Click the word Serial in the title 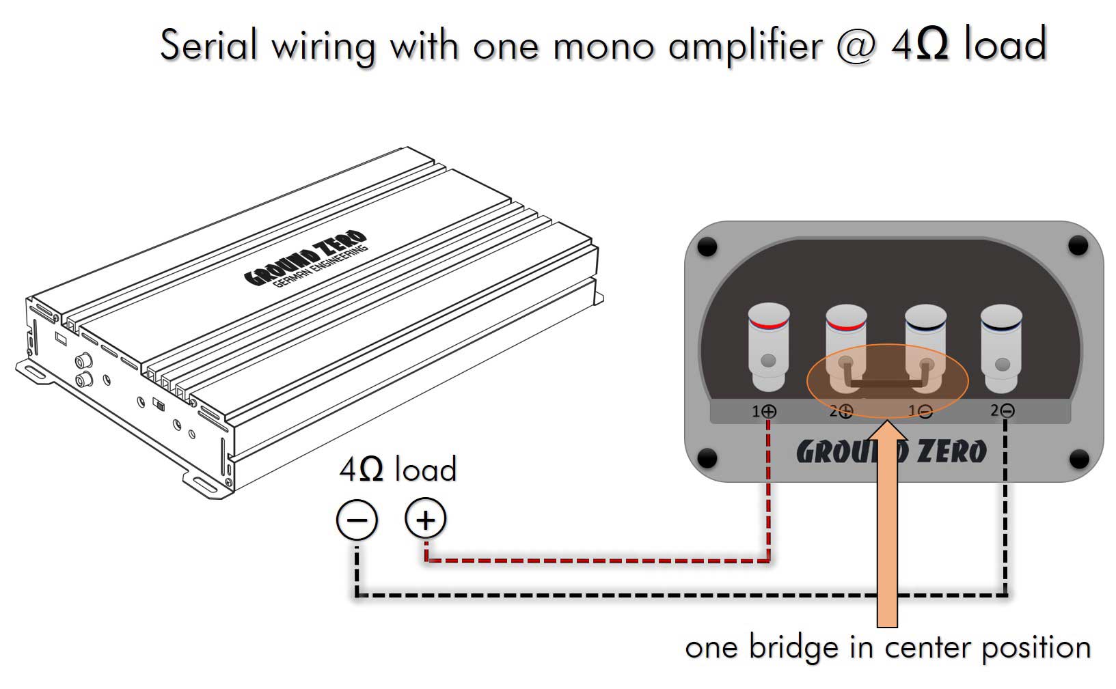(209, 45)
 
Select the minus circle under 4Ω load (357, 520)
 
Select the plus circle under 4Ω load (425, 520)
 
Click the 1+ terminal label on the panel (764, 412)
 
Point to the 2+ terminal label (841, 412)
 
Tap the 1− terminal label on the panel (920, 412)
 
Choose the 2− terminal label (1003, 411)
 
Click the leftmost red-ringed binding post (769, 345)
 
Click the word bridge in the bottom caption (793, 647)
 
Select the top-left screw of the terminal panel (707, 246)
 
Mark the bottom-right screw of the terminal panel (1078, 458)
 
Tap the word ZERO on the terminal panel (951, 452)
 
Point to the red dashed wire (595, 561)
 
